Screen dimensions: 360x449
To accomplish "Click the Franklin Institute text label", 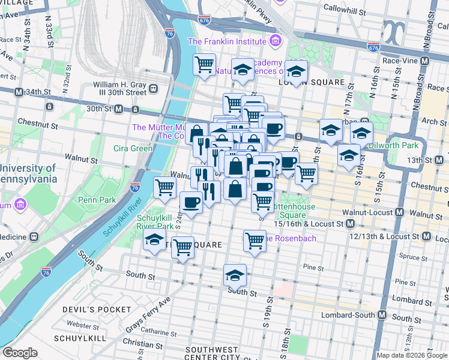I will click(227, 41).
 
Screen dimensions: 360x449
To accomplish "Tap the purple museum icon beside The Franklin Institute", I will click(276, 41).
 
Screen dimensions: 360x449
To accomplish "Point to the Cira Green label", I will click(133, 148).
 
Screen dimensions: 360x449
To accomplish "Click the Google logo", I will click(20, 353).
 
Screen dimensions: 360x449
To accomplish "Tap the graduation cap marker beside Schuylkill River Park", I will click(154, 241).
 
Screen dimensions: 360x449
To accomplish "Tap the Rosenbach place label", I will click(296, 238).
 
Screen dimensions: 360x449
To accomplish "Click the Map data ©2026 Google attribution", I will click(412, 355).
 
